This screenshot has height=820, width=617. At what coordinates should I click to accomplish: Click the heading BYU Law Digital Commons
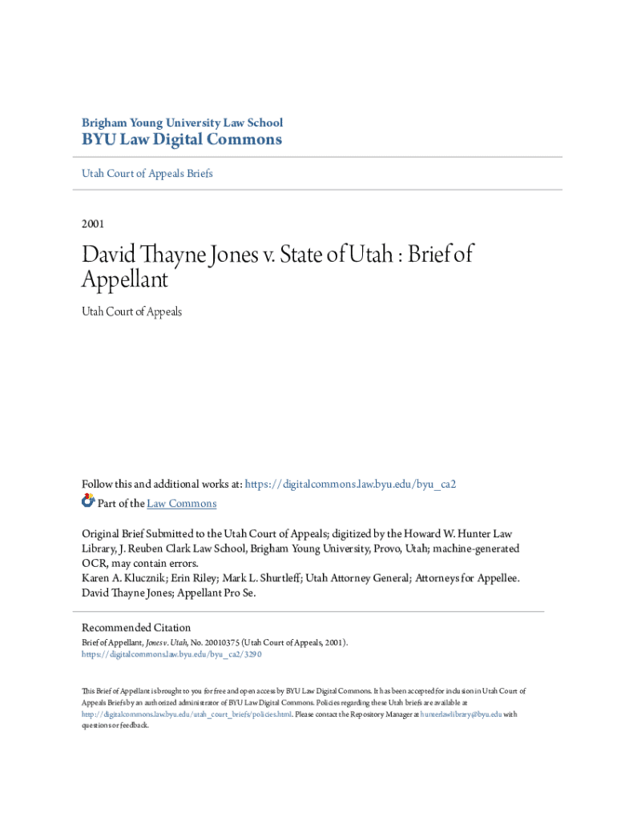pyautogui.click(x=182, y=140)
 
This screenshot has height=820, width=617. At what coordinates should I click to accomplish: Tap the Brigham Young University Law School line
pyautogui.click(x=182, y=123)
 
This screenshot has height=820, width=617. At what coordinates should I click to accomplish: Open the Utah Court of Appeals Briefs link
pyautogui.click(x=147, y=173)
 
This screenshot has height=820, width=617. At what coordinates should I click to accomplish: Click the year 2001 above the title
pyautogui.click(x=93, y=224)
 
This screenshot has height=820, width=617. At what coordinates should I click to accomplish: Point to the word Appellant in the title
pyautogui.click(x=125, y=279)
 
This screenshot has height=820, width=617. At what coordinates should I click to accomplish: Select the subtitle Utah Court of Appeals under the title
pyautogui.click(x=132, y=312)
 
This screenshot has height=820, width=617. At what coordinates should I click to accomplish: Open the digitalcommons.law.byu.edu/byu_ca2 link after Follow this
pyautogui.click(x=350, y=484)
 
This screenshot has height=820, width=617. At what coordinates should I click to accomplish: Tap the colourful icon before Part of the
pyautogui.click(x=88, y=502)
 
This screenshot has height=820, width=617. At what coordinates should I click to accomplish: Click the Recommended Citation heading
pyautogui.click(x=136, y=628)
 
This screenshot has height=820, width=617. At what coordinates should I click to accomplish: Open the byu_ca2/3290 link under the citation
pyautogui.click(x=171, y=654)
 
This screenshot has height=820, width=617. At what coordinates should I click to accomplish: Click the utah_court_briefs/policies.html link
pyautogui.click(x=187, y=714)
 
